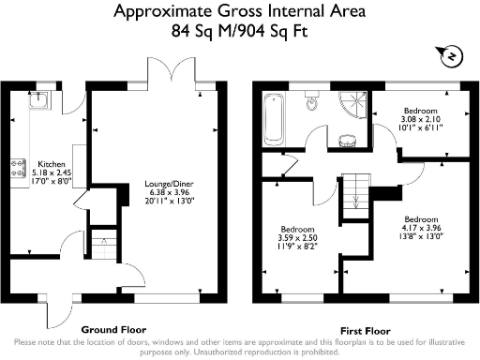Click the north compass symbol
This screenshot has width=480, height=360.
[450, 58]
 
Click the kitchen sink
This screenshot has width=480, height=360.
[41, 100]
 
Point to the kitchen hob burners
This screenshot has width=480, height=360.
[16, 169]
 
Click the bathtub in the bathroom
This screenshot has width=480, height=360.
[274, 121]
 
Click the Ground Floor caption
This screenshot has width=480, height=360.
[112, 330]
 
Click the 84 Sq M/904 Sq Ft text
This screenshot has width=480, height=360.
[240, 30]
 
